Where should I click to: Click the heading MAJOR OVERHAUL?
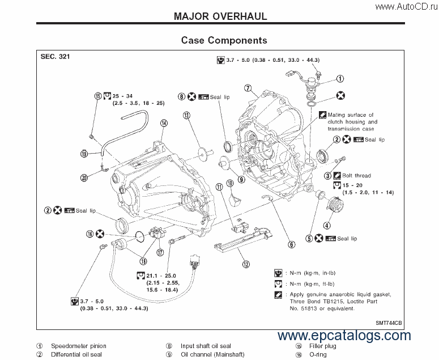pos(220,16)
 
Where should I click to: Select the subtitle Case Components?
pos(224,40)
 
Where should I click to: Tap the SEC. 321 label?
pos(55,57)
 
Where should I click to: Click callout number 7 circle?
pos(248,88)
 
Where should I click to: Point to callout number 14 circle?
pos(163,123)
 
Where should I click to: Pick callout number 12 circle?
pos(246,264)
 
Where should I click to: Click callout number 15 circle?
pos(98,96)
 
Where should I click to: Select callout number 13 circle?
pos(186,115)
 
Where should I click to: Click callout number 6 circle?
pos(291,245)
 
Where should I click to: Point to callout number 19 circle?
pos(84,154)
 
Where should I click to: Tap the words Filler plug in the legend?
pos(323,346)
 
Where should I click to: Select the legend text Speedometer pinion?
pos(79,346)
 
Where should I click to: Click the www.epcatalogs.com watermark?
pos(344,336)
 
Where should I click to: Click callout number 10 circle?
pos(230,183)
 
